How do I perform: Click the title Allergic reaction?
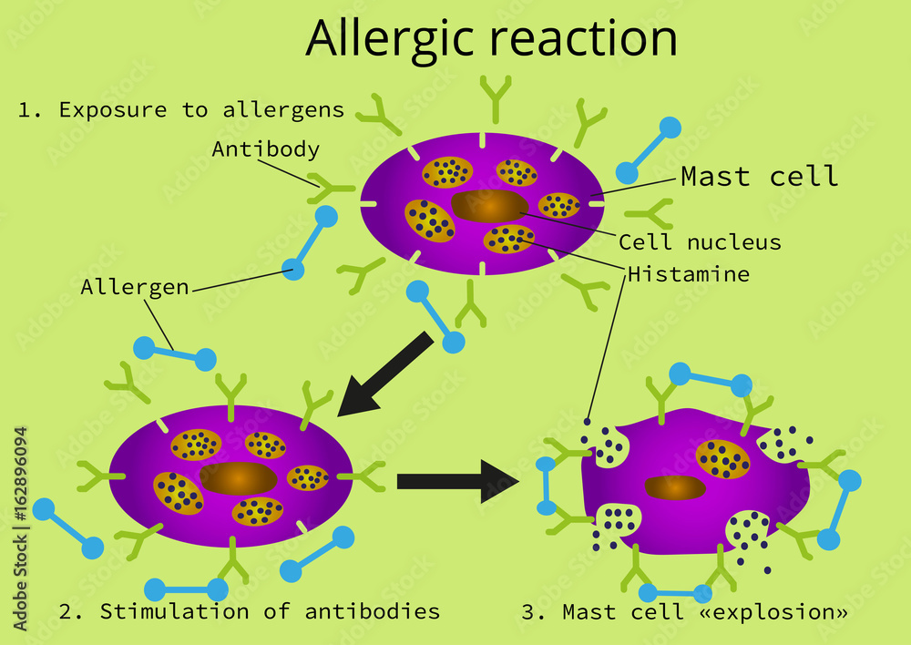[491, 38]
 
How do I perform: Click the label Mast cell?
[759, 177]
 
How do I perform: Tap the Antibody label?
[265, 148]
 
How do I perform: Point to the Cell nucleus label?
[700, 242]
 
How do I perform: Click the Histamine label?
[688, 274]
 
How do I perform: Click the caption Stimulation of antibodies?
[249, 611]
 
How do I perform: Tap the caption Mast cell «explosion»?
[684, 612]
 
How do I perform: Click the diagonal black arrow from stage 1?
[382, 374]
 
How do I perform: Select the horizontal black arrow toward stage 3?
[455, 481]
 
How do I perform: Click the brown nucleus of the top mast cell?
[489, 207]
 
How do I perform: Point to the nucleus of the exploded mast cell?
[675, 488]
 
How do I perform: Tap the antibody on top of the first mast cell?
[496, 99]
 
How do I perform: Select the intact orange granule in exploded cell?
[722, 458]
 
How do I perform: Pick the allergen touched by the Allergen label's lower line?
[174, 353]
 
